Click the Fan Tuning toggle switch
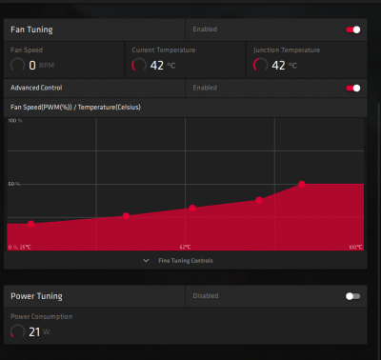point(354,30)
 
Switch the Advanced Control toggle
point(354,88)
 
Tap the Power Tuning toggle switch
point(354,296)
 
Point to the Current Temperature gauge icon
point(138,66)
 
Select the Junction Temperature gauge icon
point(260,66)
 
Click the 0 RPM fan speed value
point(32,66)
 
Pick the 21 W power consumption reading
point(33,331)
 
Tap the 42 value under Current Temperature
point(156,66)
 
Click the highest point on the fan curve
point(302,184)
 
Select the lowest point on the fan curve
point(31,225)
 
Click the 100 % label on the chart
point(14,122)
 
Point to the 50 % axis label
point(14,184)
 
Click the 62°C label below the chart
point(186,247)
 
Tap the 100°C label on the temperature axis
point(354,247)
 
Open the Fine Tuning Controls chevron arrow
point(146,260)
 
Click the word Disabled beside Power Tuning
point(206,296)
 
